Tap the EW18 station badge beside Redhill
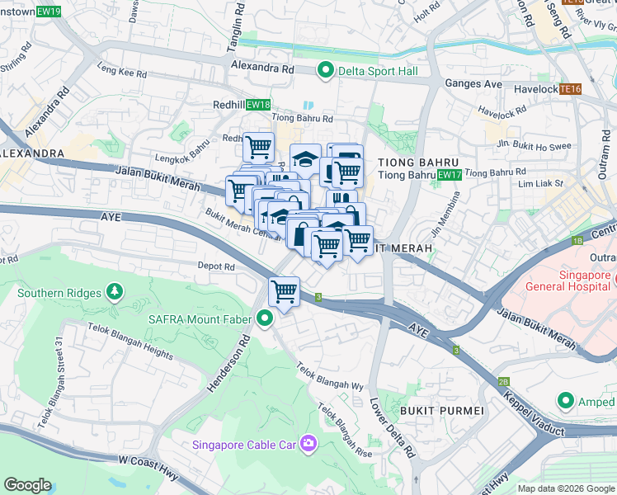click(257, 105)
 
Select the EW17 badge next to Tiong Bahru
click(449, 175)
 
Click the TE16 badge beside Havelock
click(569, 88)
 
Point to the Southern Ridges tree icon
click(114, 293)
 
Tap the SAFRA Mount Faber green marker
click(265, 318)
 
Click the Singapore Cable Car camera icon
click(308, 445)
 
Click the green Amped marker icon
click(565, 401)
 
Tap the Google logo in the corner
click(28, 484)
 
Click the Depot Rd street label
click(216, 266)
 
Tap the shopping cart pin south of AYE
click(284, 291)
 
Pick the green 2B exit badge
click(504, 382)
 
